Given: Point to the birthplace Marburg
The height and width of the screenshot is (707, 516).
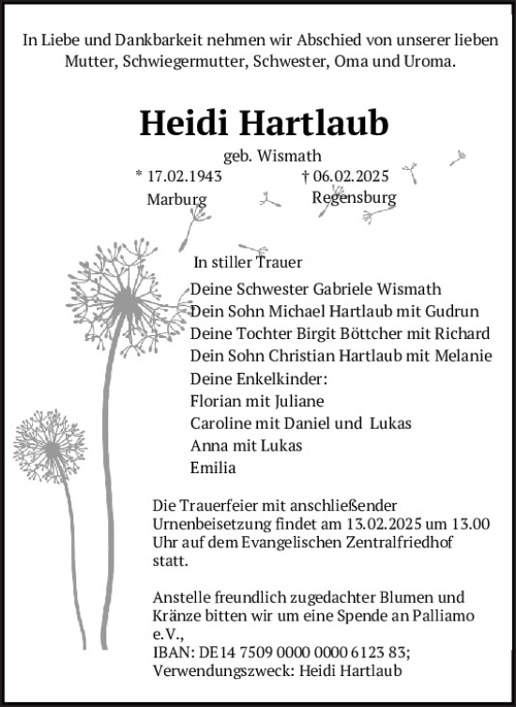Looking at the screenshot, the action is pos(175,199).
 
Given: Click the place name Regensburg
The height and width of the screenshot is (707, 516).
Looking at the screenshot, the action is pos(355,198).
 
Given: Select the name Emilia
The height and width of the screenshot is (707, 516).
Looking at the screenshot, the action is pos(212,468).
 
